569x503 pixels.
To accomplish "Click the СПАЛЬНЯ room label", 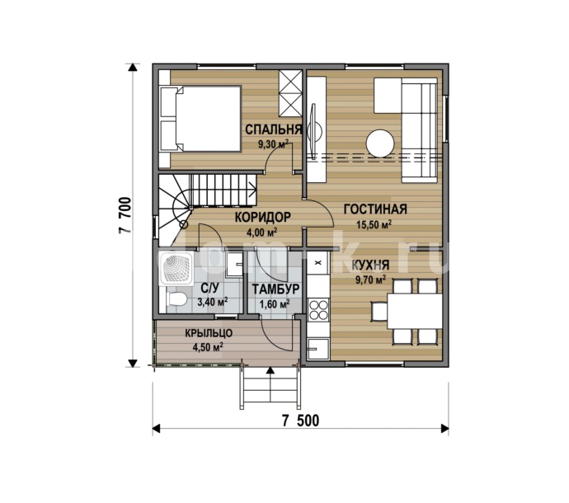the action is pos(274,129).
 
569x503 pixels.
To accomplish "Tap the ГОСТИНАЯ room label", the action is pos(375,209).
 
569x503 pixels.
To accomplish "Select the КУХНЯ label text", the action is pos(370,266).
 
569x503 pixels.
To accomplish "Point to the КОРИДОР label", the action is pos(263,217).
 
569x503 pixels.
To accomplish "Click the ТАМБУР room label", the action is pos(275,289).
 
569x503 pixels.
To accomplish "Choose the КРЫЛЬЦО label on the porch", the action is pos(209,333).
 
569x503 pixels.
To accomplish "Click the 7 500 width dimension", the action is pos(301,421).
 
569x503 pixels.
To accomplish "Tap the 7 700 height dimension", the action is pos(125,215).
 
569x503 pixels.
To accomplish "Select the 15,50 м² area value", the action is pos(374,225).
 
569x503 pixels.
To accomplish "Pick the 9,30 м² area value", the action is pos(273,144).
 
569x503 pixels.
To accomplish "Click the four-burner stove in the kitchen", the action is pos(318,309).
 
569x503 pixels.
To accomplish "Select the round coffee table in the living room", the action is pos(380,143).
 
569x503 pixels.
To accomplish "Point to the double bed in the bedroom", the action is pos(200,119).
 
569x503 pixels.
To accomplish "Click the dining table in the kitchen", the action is pos(415,311).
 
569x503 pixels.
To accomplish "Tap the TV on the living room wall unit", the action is pos(314,130).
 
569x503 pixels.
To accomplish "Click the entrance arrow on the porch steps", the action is pos(270,385).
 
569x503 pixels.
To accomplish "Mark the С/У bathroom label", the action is pos(210,289).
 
